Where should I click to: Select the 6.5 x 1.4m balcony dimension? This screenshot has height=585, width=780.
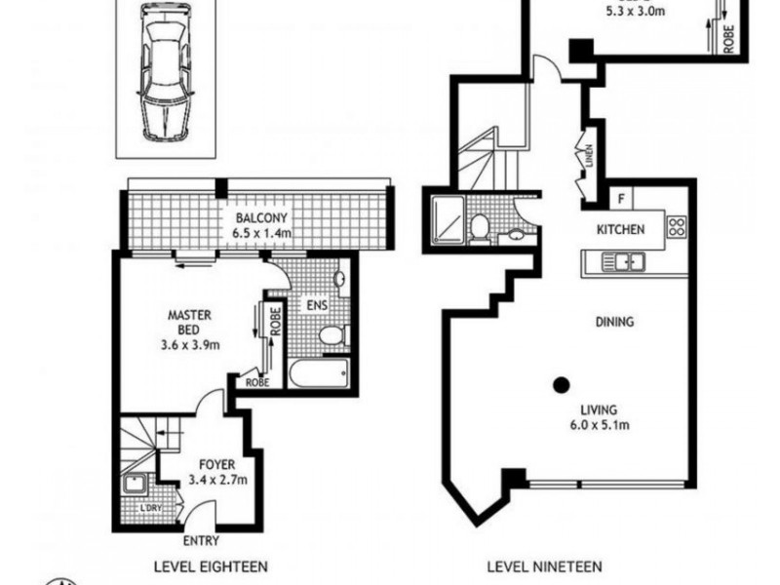(261, 234)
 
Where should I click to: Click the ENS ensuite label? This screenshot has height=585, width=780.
(318, 305)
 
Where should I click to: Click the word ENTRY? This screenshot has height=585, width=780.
(200, 542)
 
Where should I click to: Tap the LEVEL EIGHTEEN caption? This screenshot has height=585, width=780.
(211, 565)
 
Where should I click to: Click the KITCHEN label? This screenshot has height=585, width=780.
(621, 230)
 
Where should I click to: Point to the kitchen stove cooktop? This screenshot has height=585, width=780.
(677, 228)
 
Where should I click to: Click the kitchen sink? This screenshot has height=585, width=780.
(620, 261)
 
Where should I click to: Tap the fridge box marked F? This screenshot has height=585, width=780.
(621, 199)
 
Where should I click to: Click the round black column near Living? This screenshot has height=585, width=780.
(561, 384)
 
